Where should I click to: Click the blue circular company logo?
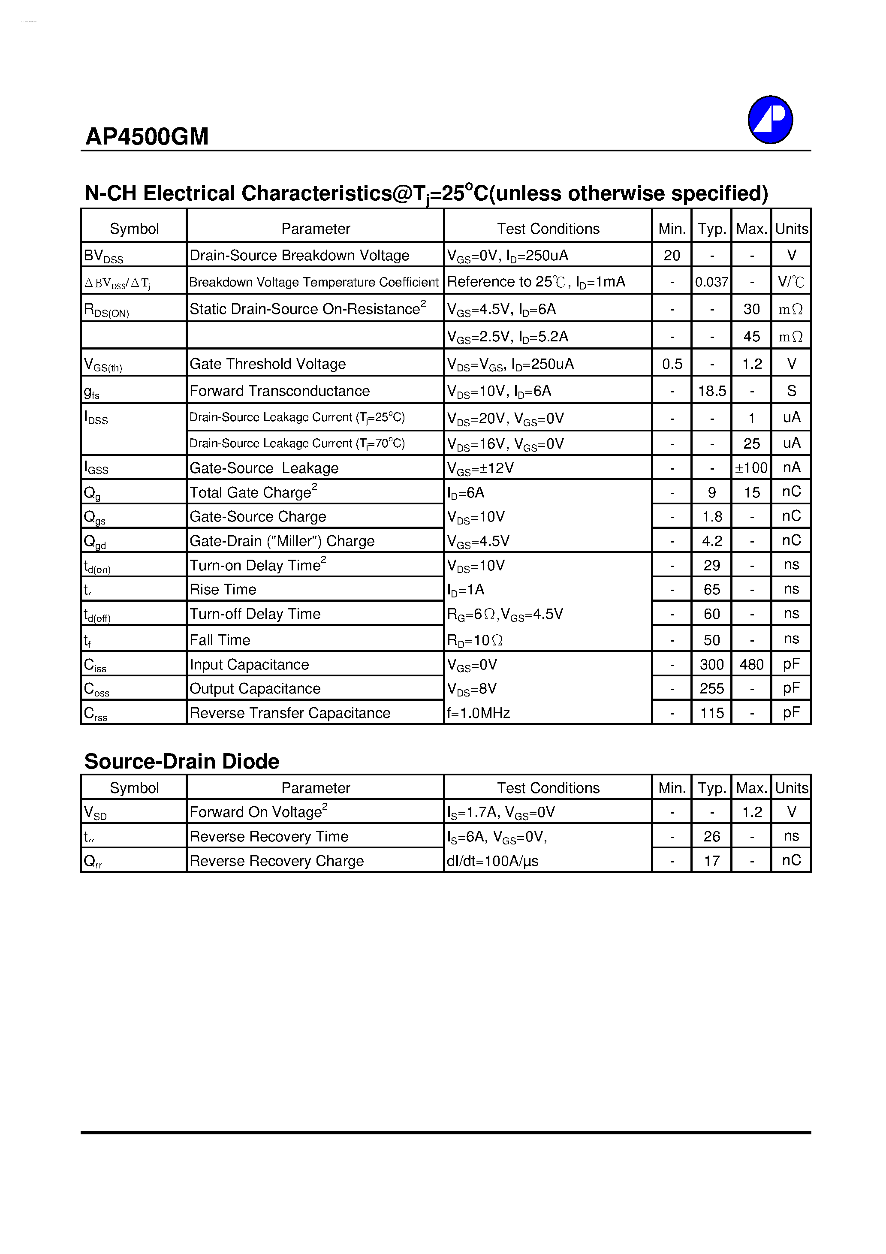[770, 120]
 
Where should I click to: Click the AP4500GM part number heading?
[147, 136]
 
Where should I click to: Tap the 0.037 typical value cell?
[711, 282]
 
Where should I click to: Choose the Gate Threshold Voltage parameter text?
[268, 364]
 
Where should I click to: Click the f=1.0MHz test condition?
[479, 713]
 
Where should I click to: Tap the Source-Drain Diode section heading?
[181, 761]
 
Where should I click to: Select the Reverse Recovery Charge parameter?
[277, 861]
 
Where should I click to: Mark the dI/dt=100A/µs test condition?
[493, 861]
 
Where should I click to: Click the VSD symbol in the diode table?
[95, 813]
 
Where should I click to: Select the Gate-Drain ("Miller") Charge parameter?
[282, 541]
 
